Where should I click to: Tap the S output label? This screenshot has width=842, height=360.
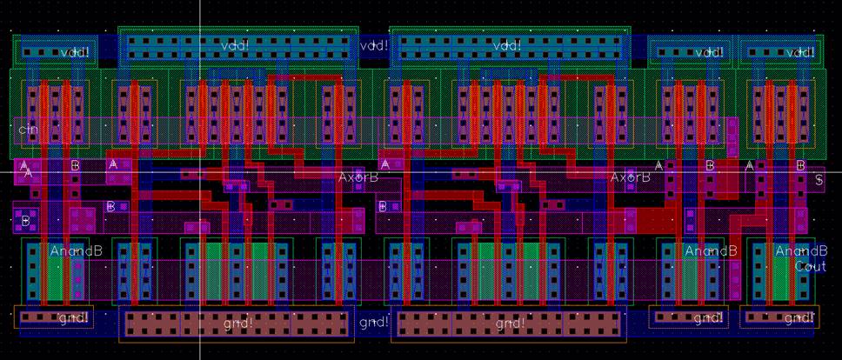coord(819,181)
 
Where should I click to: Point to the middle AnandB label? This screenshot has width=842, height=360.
coord(711,251)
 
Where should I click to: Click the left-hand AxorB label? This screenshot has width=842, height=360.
coord(358,177)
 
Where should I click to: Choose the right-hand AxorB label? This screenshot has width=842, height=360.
coord(630,177)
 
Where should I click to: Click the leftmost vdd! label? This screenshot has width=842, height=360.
coord(75,53)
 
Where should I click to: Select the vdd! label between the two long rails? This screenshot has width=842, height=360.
coord(373,45)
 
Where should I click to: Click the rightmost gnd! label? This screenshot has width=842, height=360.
coord(799,319)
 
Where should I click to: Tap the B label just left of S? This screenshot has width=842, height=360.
coord(801,165)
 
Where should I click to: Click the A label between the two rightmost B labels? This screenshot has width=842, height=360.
coord(751,165)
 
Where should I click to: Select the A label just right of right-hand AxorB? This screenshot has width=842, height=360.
coord(658,165)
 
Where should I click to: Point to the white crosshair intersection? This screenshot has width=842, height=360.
coord(200,170)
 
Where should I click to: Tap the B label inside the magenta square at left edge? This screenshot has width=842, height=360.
coord(25,221)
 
